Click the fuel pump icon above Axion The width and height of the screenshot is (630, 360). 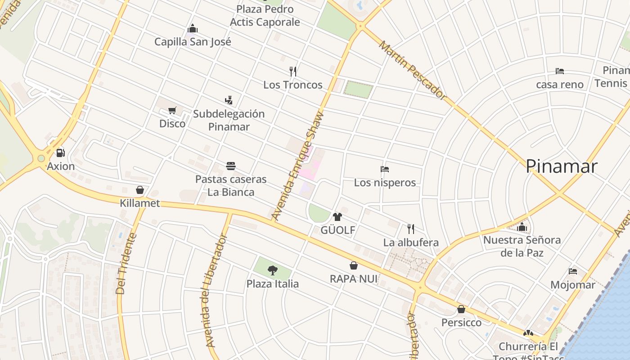(61, 153)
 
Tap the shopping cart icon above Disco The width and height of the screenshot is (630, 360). (172, 110)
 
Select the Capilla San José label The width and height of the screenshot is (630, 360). (193, 42)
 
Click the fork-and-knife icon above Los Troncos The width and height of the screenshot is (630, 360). (293, 71)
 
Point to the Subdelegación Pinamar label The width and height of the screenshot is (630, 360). (229, 120)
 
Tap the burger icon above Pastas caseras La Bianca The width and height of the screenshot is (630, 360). (231, 166)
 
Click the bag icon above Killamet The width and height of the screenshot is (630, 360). (139, 190)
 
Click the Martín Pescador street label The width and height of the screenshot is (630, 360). (412, 70)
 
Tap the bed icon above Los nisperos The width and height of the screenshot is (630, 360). (384, 169)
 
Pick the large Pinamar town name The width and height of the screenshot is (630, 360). (561, 166)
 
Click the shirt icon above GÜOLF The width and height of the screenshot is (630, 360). (337, 217)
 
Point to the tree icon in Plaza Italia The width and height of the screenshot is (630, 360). (272, 270)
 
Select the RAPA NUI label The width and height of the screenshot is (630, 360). (354, 279)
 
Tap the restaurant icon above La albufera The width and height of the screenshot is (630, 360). (410, 229)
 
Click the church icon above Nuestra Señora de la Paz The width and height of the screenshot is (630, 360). (522, 227)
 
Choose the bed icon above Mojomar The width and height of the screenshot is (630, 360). (572, 271)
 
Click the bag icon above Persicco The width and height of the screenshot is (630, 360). (461, 309)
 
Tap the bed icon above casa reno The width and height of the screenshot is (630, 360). (559, 71)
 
